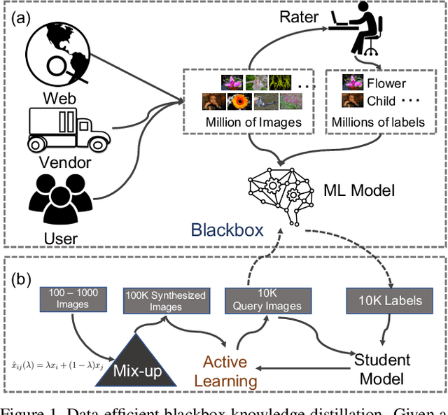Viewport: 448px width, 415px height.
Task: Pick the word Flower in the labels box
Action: tap(386, 83)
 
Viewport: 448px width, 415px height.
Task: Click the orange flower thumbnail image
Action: tap(239, 101)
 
